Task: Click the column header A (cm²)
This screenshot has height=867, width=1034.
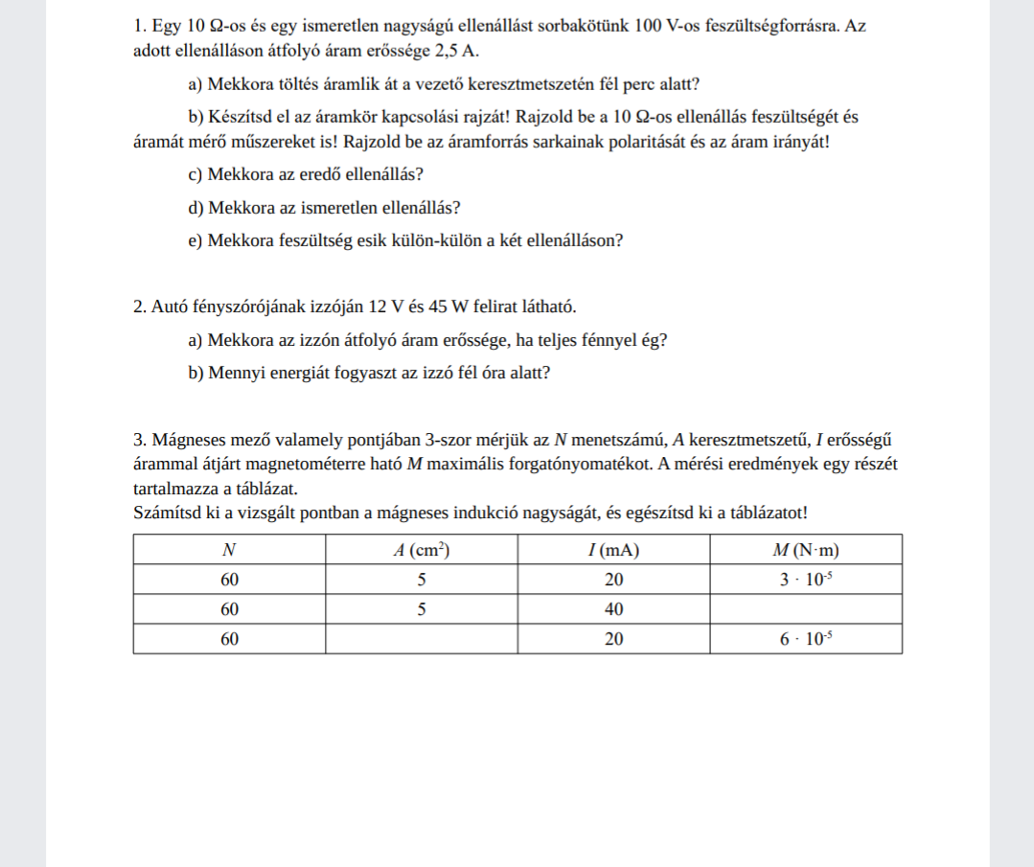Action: point(422,550)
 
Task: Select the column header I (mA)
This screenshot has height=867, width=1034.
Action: point(613,550)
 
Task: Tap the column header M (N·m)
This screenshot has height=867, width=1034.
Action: point(805,550)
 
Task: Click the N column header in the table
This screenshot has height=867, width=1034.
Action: point(229,550)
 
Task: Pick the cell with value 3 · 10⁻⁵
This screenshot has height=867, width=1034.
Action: point(805,580)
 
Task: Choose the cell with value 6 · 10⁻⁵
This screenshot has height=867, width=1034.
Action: point(805,639)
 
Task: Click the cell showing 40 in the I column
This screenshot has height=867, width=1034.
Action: point(613,609)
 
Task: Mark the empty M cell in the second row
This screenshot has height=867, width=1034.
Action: point(805,609)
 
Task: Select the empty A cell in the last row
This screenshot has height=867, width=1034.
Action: point(422,639)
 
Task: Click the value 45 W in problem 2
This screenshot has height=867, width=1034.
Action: point(430,307)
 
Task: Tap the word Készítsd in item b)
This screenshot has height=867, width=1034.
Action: point(234,118)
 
